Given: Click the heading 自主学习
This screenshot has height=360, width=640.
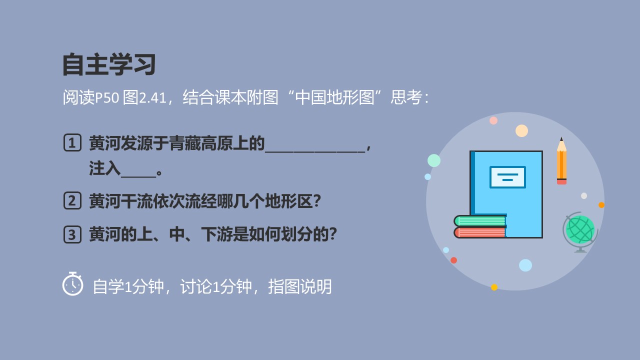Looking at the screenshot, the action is tap(109, 64).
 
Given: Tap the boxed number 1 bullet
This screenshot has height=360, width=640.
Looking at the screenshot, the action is tap(72, 142).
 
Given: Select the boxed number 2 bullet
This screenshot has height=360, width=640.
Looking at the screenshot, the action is tap(72, 200).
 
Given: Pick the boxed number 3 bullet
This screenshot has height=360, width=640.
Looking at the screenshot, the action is tap(72, 234).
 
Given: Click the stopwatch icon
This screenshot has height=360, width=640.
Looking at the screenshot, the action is tap(73, 283).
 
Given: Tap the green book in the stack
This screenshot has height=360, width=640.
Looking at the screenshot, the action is tap(480, 221).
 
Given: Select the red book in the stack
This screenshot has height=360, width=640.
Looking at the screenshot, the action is tap(480, 232).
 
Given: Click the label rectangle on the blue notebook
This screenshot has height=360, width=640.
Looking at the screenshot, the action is tap(507, 177).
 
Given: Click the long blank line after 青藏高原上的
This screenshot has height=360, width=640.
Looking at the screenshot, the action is tap(315, 152).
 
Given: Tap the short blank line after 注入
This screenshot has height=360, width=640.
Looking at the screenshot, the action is tap(138, 177).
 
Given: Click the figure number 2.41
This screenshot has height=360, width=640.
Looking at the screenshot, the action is tap(152, 98).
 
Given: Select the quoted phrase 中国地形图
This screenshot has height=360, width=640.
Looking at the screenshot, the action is tap(334, 97).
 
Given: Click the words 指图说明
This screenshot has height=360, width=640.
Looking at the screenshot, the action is tap(299, 286).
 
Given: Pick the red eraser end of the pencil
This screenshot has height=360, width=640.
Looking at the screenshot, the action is tap(561, 181).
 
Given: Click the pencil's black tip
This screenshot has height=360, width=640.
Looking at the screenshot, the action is tap(561, 139).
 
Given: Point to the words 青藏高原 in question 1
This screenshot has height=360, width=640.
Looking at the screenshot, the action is tap(201, 143).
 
